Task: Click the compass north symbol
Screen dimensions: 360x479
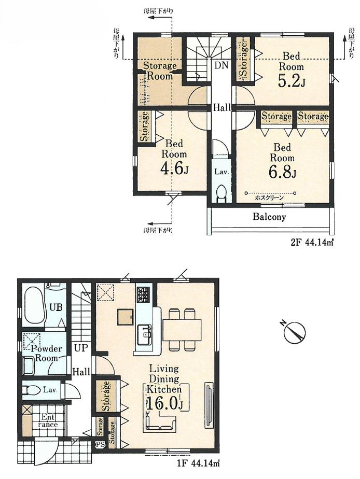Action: tap(294, 332)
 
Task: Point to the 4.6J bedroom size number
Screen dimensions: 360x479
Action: tap(174, 167)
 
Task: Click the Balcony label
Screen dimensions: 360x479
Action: tap(269, 217)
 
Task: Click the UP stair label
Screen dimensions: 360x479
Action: tap(81, 348)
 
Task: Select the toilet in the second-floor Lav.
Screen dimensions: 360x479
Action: tap(221, 194)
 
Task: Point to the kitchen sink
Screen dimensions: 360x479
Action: tap(144, 335)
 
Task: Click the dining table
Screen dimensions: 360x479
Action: tap(182, 330)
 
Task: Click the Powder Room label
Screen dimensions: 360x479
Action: tap(46, 353)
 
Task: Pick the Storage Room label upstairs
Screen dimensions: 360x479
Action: tap(160, 71)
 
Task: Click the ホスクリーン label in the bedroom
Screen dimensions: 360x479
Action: tap(269, 198)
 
